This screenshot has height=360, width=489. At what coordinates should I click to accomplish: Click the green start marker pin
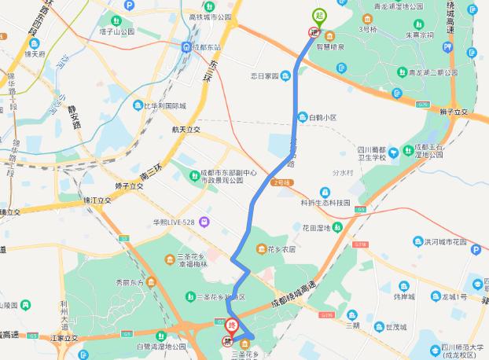pos(319,15)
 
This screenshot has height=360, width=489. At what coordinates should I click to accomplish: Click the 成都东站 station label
pos(209,46)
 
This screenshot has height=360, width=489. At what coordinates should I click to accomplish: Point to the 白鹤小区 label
pos(322,117)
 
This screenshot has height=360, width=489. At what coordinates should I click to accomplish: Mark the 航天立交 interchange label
pos(187,129)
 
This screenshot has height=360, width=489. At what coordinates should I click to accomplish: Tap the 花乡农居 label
pos(280,249)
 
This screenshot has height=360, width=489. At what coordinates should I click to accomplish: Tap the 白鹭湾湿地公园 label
pos(160,346)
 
